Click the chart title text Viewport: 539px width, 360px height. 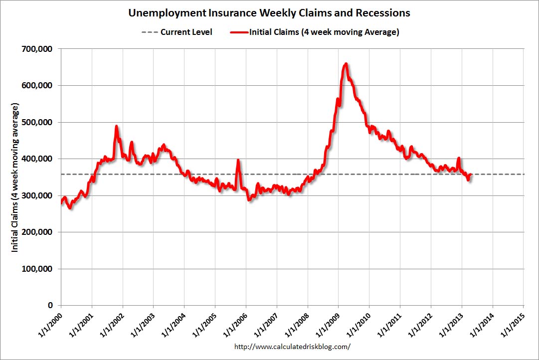click(x=269, y=12)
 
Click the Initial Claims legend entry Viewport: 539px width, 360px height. click(x=314, y=32)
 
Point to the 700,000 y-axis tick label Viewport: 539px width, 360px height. click(x=38, y=49)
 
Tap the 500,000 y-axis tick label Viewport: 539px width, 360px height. click(x=38, y=122)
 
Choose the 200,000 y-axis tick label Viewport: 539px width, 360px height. click(x=38, y=232)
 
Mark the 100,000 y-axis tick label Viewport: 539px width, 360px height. click(x=38, y=269)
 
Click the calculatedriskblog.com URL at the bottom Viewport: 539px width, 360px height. click(x=292, y=346)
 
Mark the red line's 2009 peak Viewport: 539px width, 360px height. click(x=346, y=64)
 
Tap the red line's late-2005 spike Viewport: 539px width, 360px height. click(x=238, y=161)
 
